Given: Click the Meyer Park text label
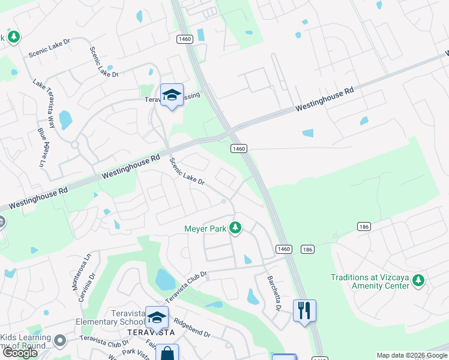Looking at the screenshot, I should click(x=205, y=228).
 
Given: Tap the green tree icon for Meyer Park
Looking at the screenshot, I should click(x=236, y=228).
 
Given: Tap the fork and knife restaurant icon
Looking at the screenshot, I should click(x=304, y=310).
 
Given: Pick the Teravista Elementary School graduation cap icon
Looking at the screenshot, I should click(x=157, y=317).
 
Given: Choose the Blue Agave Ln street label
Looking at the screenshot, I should click(x=41, y=148).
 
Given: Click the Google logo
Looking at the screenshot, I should click(x=19, y=353).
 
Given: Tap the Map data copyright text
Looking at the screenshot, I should click(x=411, y=355).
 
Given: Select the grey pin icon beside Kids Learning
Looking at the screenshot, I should click(x=60, y=341).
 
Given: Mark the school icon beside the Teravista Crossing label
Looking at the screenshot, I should click(x=172, y=95).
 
